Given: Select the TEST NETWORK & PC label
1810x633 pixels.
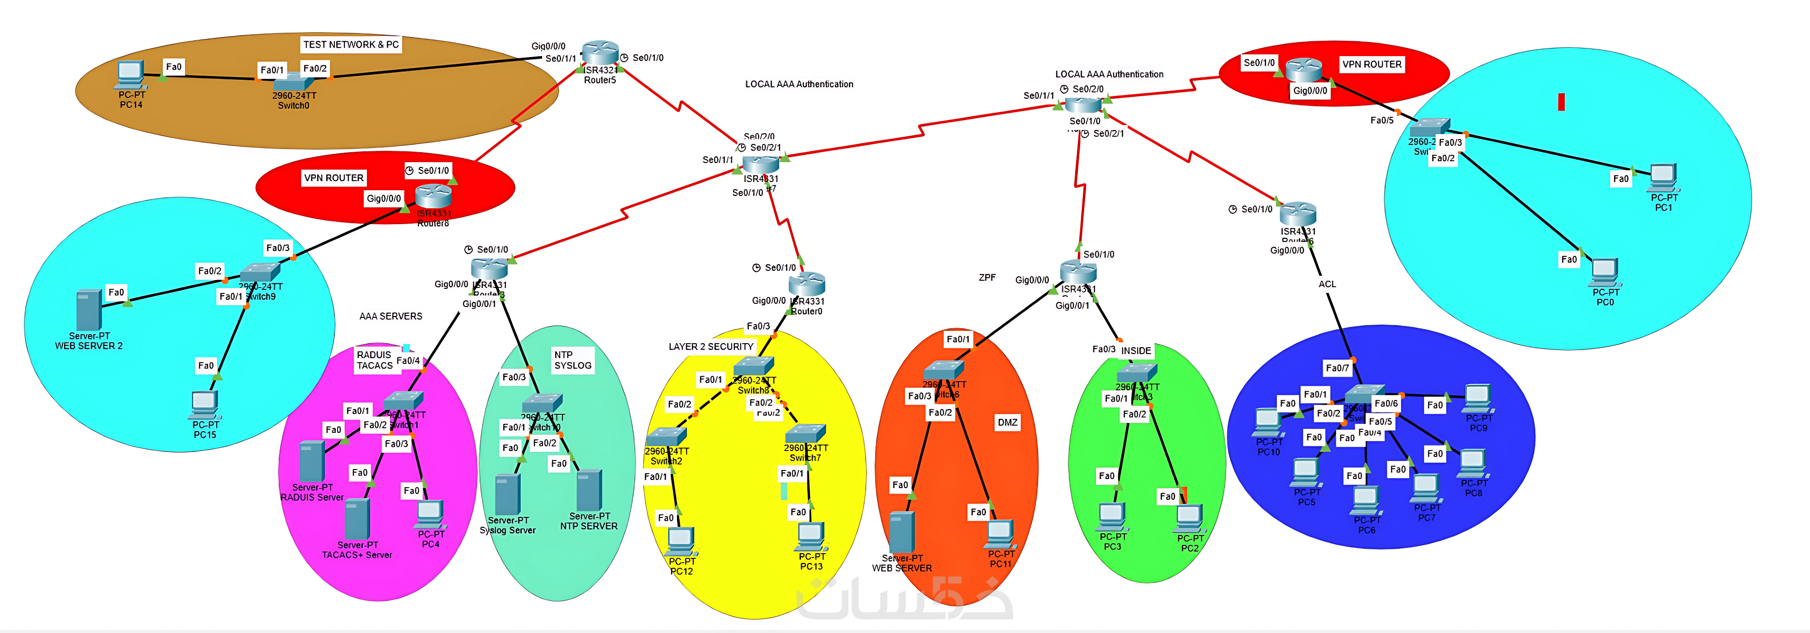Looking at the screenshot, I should pos(351,44).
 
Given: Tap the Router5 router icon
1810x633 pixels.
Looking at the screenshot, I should pos(600,52).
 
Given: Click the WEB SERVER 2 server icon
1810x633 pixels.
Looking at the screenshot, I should pos(89,309).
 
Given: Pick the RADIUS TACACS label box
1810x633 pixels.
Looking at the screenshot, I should pos(375,360).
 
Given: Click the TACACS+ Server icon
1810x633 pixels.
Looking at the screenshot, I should pos(357,518).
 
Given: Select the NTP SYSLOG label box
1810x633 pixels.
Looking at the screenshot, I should pos(573,360).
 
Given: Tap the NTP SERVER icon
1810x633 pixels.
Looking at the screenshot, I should pos(589,489).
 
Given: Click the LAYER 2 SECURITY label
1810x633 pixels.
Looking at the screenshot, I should pos(710,347).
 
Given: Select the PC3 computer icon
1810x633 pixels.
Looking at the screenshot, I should pos(1112,516).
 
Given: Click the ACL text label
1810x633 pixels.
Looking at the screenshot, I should pos(1327,284).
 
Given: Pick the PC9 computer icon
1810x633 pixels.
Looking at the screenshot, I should pos(1478,398).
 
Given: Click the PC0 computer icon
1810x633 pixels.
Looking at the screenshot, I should pos(1605,272).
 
